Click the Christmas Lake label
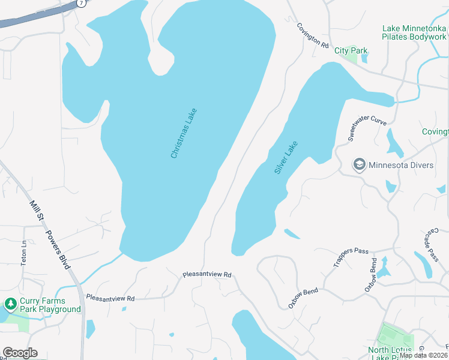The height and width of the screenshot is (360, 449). click(184, 133)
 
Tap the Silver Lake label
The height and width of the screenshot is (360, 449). click(286, 157)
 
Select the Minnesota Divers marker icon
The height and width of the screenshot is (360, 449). click(360, 165)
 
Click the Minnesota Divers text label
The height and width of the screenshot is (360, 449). click(400, 165)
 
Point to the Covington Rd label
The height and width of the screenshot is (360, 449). click(313, 36)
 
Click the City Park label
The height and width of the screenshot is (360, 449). click(351, 51)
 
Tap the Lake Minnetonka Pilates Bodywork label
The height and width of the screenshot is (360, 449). click(415, 32)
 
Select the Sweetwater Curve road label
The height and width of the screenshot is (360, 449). click(367, 128)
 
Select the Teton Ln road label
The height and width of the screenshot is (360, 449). click(24, 253)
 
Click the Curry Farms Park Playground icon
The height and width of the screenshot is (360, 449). click(10, 305)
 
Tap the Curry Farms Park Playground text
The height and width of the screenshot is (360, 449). click(50, 305)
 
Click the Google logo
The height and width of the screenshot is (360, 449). click(20, 353)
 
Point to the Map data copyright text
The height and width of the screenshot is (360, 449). click(423, 355)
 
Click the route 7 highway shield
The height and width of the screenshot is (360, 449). click(82, 3)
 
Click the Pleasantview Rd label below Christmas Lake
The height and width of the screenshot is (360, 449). click(207, 275)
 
